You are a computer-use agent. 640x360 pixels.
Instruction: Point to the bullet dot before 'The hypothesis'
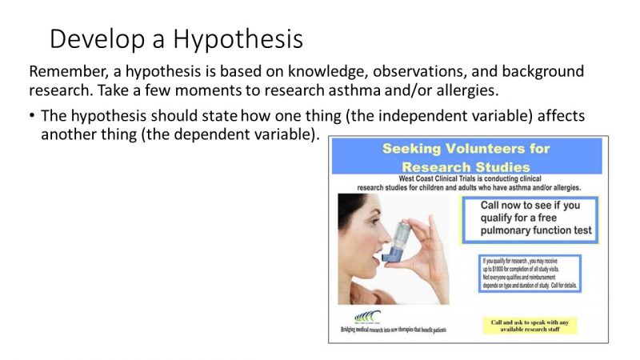coord(32,116)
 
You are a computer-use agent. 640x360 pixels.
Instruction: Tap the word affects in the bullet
coord(559,116)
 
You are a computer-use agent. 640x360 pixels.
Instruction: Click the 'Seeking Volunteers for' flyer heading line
coord(466,148)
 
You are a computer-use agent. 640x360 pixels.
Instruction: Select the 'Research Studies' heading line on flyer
coord(466,166)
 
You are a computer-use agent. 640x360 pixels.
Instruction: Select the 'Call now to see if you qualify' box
coord(530,218)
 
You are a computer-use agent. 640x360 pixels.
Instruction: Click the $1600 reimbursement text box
coord(530,274)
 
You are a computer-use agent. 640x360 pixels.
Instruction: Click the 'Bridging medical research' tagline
coord(394,330)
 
